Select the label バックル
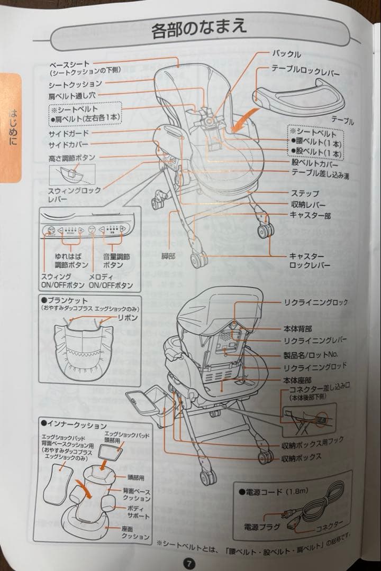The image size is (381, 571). [286, 54]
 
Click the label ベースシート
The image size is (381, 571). [69, 64]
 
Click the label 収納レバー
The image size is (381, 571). [307, 205]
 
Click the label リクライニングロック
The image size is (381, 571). [316, 302]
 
